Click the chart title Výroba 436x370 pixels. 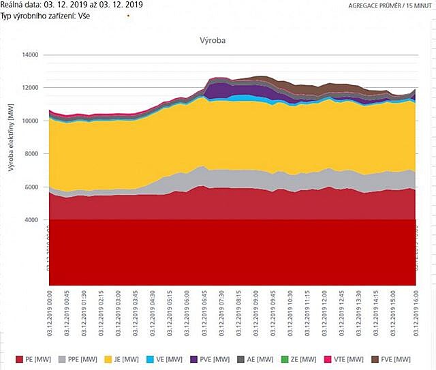(x=213, y=40)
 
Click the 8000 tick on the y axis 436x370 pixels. (x=31, y=154)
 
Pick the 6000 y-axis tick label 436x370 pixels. (x=31, y=187)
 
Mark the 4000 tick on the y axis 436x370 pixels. (x=31, y=219)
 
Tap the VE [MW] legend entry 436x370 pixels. (x=176, y=359)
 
